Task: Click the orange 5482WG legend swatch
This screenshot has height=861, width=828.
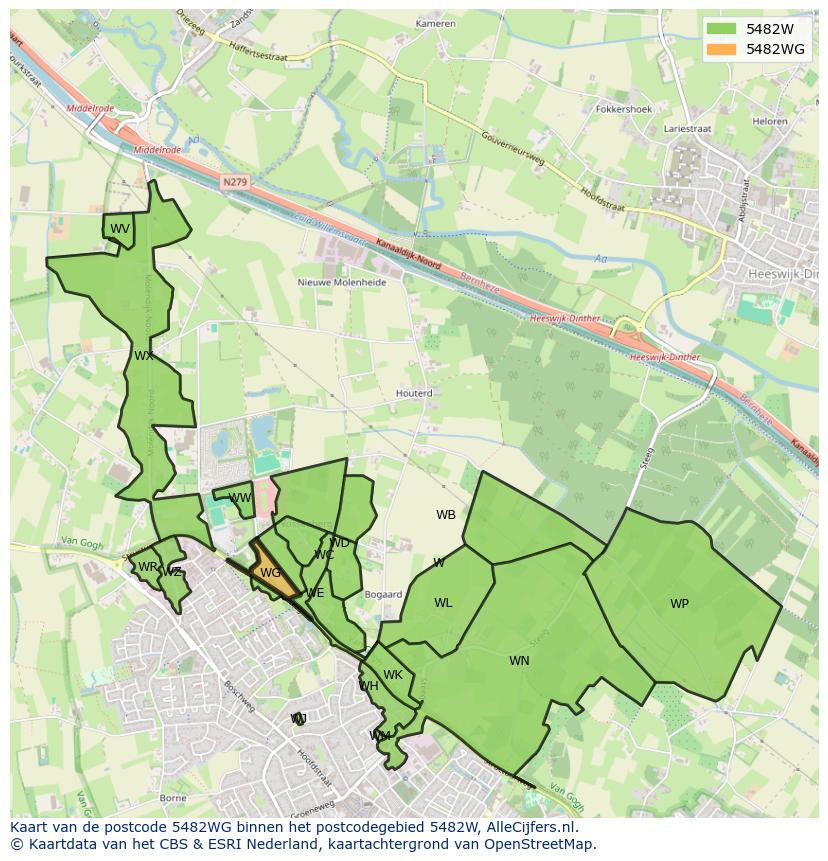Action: pos(719,49)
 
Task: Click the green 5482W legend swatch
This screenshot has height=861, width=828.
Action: pos(719,29)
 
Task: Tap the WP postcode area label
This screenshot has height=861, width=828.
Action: pos(679,604)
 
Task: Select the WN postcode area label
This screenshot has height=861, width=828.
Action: pos(519,661)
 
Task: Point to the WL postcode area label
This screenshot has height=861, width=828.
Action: pos(443,603)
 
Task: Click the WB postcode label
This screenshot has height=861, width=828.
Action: pos(446,515)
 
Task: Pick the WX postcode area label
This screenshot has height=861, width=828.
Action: pos(144,356)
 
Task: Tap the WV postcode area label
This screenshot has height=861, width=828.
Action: pos(120,229)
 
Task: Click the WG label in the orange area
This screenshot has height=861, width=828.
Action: pos(270,573)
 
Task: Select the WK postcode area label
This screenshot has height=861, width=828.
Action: pos(393,675)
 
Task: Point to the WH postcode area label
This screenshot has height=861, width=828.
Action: pos(369,686)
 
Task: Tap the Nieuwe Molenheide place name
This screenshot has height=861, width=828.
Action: pos(342,282)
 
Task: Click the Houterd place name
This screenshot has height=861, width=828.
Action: pos(414,393)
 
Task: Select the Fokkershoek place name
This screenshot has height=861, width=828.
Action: pos(623,109)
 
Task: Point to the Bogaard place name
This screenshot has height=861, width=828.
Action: pos(383,594)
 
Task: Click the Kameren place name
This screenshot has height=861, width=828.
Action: pos(435,23)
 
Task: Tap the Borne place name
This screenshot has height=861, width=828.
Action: pos(173,798)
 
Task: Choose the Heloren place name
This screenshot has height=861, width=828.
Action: pos(770,121)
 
